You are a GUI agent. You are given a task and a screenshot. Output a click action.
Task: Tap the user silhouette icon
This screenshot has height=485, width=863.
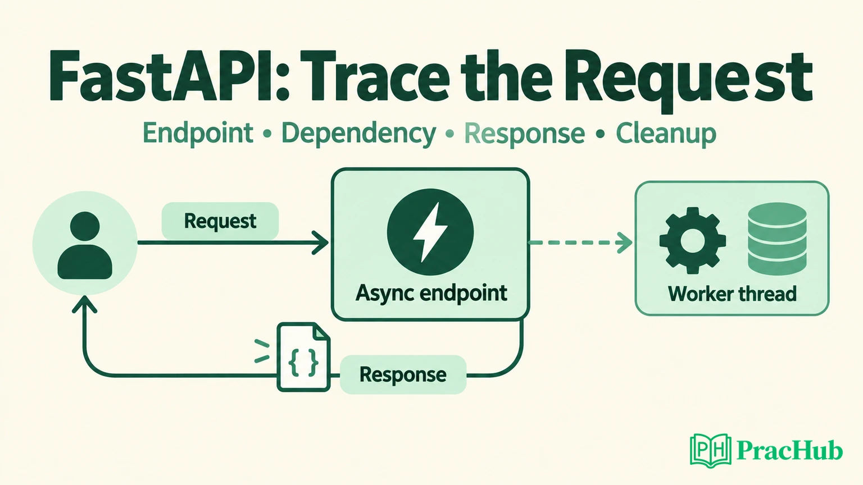coord(85,245)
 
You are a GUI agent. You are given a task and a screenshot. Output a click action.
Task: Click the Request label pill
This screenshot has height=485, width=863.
coord(220,221)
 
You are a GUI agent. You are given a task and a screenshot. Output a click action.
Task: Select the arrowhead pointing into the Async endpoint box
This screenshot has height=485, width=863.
coord(320,242)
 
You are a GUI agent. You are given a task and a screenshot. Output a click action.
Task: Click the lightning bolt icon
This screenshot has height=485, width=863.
coord(430,232)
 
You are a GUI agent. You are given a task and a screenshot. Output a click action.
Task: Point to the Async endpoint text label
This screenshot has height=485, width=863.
coord(431,294)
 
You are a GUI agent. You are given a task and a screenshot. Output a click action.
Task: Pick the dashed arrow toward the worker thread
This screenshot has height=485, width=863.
coord(580,242)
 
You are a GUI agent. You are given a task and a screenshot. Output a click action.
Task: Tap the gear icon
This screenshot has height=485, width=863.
coord(693,241)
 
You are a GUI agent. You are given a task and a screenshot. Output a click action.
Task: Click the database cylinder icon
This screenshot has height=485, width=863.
coord(777,239)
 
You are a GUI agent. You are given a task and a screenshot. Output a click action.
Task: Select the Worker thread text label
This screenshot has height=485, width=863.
coord(732,294)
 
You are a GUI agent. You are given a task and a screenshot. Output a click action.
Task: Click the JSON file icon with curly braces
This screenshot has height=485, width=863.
coord(303,357)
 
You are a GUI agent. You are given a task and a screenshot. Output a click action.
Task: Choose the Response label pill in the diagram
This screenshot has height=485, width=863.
coord(403,374)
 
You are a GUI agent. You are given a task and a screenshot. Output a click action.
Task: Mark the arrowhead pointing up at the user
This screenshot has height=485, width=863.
coord(84,304)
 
